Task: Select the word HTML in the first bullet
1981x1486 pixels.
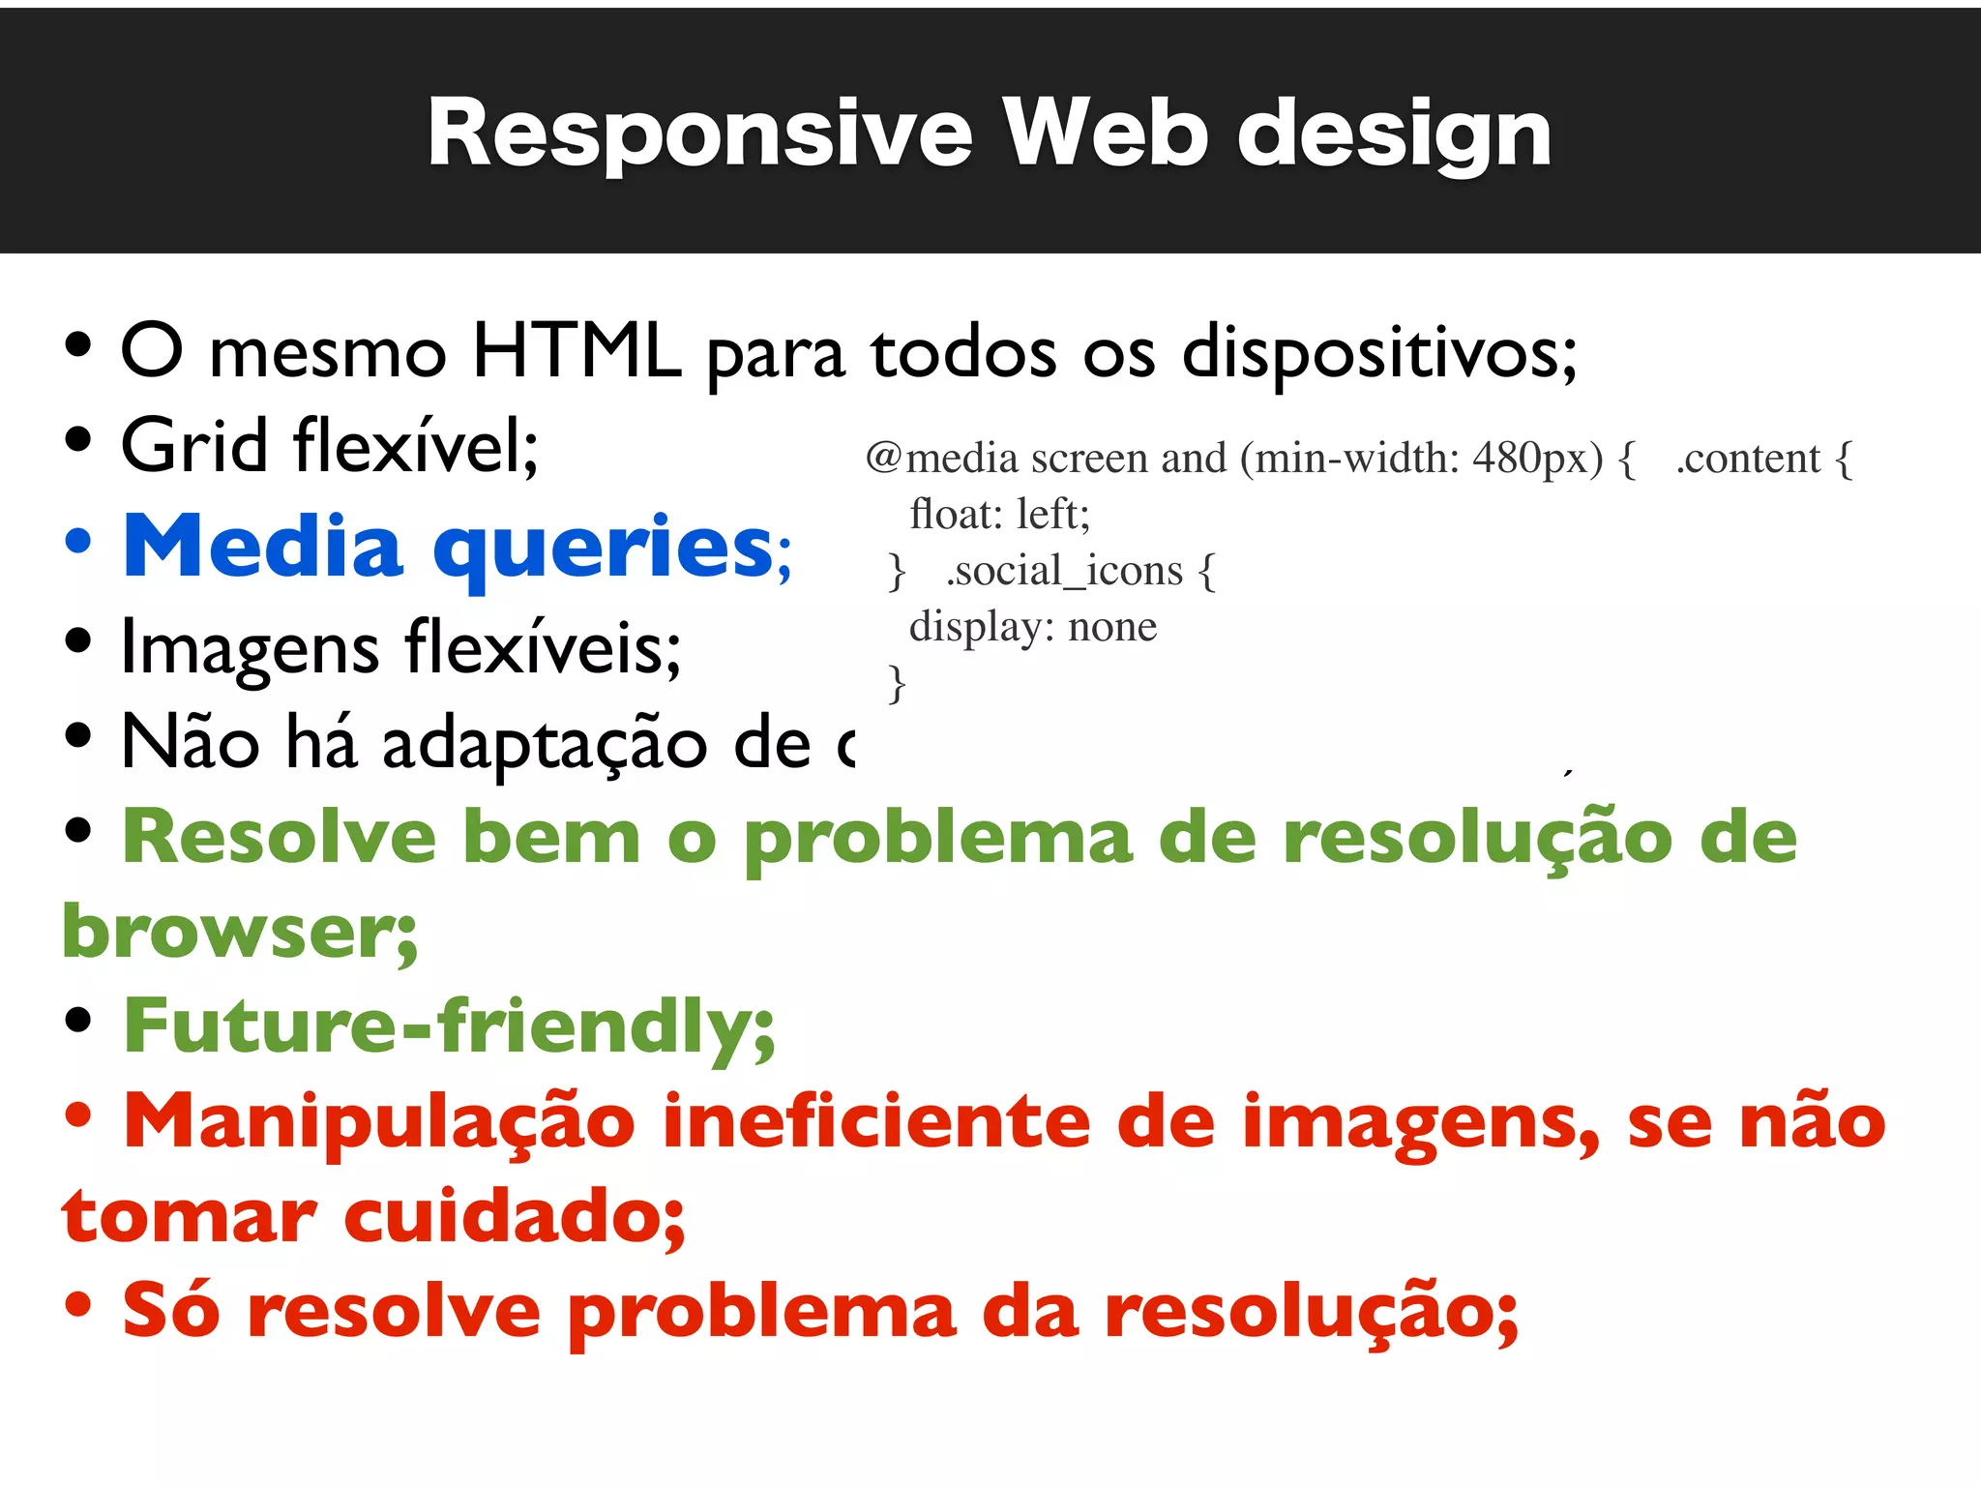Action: pyautogui.click(x=577, y=350)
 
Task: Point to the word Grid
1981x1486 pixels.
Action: pyautogui.click(x=194, y=446)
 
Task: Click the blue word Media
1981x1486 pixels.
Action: pyautogui.click(x=262, y=547)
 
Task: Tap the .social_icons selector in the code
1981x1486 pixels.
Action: pyautogui.click(x=1064, y=571)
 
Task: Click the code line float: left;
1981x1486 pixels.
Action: pyautogui.click(x=1000, y=515)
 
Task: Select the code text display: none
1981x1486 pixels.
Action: pyautogui.click(x=1033, y=627)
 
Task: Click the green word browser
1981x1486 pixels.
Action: pyautogui.click(x=238, y=931)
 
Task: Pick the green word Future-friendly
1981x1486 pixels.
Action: pyautogui.click(x=449, y=1025)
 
